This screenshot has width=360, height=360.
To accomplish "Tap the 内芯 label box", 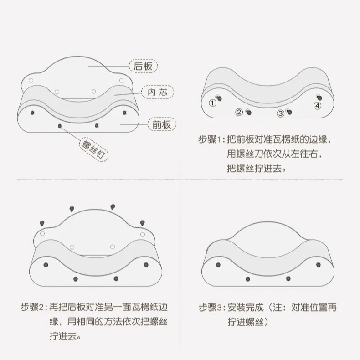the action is pos(156,92).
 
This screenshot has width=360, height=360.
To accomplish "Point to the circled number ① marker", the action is pos(212,103).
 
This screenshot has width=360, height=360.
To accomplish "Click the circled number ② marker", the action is pos(239,112).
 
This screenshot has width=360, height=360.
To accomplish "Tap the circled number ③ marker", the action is pos(281,113).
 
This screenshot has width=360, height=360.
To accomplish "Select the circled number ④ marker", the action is pos(317,106).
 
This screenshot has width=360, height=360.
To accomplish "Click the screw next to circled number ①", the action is pos(220,98).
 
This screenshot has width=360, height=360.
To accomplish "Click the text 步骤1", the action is pos(211,139).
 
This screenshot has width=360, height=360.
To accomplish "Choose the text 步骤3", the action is pos(211,308).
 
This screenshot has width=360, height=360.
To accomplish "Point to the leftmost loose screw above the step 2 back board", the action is pos(41,223).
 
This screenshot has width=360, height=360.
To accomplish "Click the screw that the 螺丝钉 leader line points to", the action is pos(60,125).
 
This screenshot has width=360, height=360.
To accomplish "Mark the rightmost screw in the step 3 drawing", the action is pos(318,264).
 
